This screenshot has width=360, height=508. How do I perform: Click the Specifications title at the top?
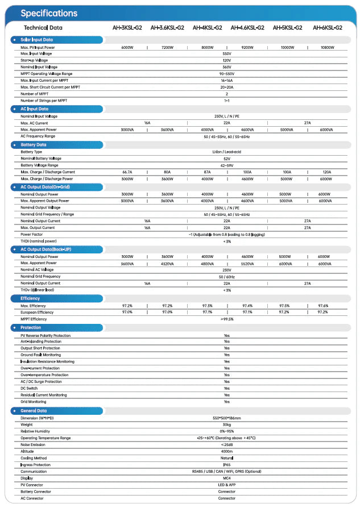[x=48, y=13]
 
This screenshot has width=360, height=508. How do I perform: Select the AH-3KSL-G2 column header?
[x=127, y=27]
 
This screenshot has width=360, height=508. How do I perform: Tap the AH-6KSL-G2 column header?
[x=327, y=27]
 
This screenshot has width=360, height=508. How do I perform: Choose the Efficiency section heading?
[x=30, y=298]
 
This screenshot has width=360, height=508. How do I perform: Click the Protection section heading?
[x=31, y=327]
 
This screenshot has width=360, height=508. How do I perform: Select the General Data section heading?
[x=34, y=410]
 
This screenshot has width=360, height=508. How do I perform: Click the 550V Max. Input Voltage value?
[x=226, y=53]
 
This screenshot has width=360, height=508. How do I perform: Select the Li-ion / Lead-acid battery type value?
[x=226, y=152]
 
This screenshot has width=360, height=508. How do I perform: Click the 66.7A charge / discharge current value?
[x=127, y=172]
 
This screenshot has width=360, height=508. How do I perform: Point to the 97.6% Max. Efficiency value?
[x=323, y=306]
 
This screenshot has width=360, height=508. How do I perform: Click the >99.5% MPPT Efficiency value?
[x=226, y=319]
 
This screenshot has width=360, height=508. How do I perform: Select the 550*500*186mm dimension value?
[x=226, y=418]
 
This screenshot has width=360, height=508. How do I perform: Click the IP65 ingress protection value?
[x=226, y=464]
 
